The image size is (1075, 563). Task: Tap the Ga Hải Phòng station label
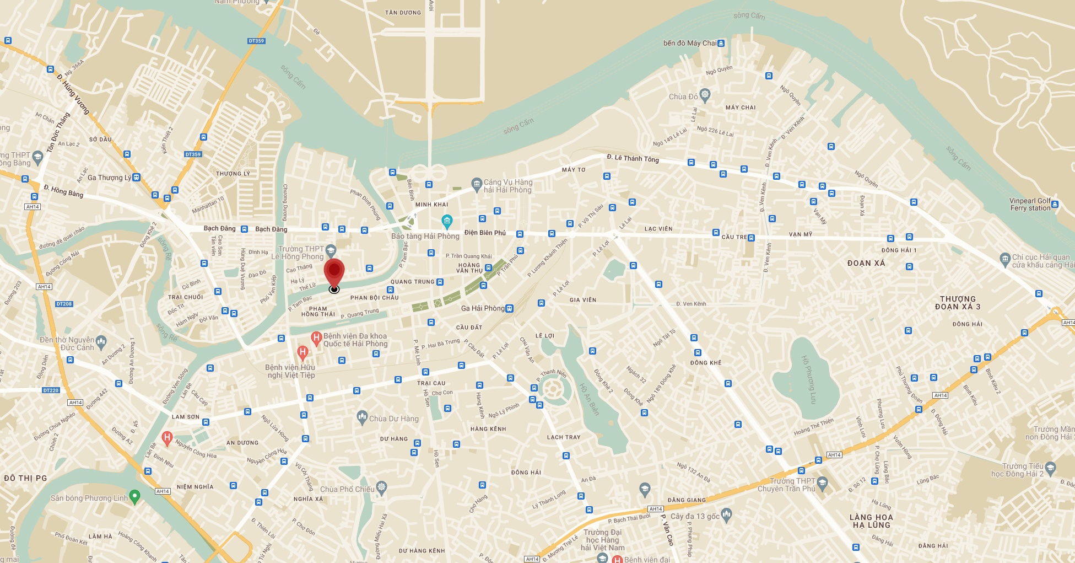(x=483, y=308)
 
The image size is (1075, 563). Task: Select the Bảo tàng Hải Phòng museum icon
(x=447, y=222)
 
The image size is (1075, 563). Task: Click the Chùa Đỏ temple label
(x=683, y=96)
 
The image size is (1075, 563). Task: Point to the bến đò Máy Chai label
(x=690, y=43)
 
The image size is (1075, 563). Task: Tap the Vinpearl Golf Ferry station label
(x=1030, y=205)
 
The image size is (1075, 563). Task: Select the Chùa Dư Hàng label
(x=393, y=419)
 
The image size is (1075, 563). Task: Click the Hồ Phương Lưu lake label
(x=808, y=379)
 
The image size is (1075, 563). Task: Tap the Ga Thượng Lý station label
(x=109, y=178)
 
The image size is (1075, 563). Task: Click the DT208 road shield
(x=64, y=304)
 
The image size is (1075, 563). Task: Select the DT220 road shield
(x=51, y=390)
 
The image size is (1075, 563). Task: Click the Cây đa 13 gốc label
(x=695, y=516)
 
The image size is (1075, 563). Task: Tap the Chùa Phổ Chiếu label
(x=347, y=489)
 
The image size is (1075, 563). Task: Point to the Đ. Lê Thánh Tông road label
(x=633, y=158)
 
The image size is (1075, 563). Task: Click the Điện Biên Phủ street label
(x=485, y=233)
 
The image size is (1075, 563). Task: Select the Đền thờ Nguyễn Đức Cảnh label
(x=67, y=344)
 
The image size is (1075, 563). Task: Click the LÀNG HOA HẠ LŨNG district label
(x=871, y=521)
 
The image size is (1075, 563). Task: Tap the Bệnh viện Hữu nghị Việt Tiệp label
(x=291, y=371)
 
